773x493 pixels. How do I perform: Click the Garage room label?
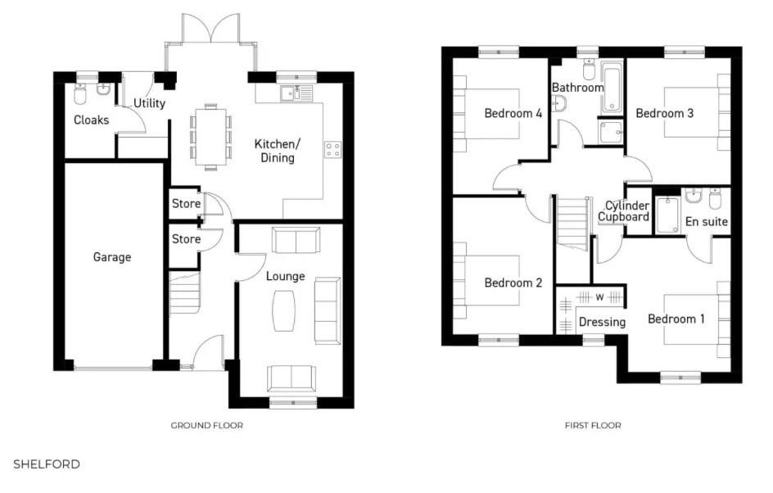pos(111,257)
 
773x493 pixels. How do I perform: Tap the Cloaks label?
pos(91,120)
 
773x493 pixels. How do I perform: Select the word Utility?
pos(150,103)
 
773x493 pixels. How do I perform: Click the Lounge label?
pos(285,276)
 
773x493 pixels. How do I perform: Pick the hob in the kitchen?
pos(333,149)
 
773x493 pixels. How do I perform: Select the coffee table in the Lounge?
pos(283,311)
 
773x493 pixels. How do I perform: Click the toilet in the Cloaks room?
pos(80,96)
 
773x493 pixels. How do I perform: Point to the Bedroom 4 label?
pos(513,113)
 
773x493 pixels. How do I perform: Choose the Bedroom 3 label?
pos(664,113)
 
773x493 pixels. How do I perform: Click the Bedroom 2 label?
pos(513,283)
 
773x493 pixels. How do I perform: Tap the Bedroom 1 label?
pos(676,319)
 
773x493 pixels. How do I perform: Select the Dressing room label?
pos(602,322)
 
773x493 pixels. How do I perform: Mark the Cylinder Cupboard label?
pos(625,211)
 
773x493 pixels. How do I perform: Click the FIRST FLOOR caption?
pos(593,425)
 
